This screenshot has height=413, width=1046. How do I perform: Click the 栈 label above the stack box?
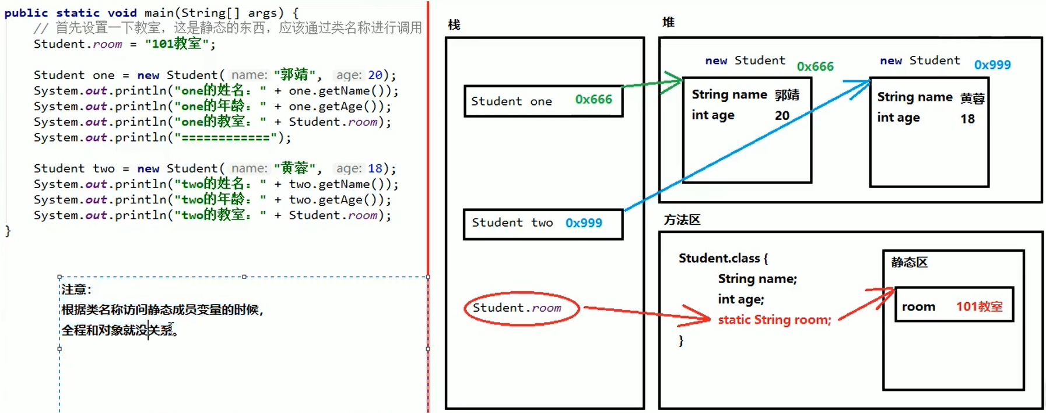(454, 25)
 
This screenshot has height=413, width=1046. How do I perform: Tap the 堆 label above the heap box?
(668, 22)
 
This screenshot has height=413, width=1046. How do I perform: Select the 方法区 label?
(682, 220)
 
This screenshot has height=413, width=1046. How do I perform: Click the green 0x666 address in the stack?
(594, 100)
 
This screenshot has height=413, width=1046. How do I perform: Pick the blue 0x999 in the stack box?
(584, 223)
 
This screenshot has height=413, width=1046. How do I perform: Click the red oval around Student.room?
(521, 308)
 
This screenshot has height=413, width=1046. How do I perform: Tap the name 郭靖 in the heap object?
(787, 95)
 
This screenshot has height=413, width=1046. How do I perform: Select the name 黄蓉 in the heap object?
(972, 98)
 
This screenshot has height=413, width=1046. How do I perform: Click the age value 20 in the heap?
(782, 115)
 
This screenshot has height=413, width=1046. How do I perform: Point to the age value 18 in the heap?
(967, 119)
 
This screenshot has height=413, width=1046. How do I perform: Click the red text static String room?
(774, 320)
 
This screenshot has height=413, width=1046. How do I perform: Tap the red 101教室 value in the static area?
(979, 306)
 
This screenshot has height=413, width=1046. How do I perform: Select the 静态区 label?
(909, 262)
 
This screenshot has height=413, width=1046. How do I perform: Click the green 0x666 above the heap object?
(815, 66)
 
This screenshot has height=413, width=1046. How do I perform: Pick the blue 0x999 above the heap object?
(992, 65)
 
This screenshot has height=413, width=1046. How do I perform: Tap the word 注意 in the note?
(75, 290)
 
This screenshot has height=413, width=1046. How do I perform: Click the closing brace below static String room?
(681, 340)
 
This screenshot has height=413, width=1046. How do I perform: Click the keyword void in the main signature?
(122, 13)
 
